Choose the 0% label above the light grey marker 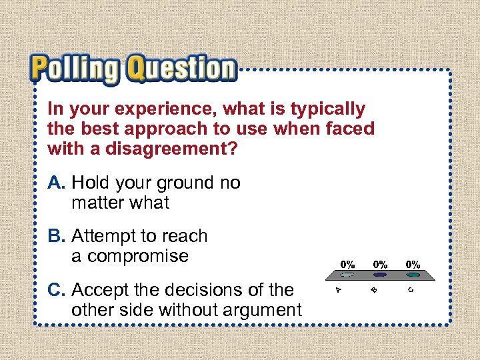pyautogui.click(x=347, y=265)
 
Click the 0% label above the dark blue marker pyautogui.click(x=380, y=265)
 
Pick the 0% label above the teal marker pyautogui.click(x=413, y=265)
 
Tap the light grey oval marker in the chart pyautogui.click(x=347, y=274)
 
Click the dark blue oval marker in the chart pyautogui.click(x=380, y=274)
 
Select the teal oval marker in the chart pyautogui.click(x=413, y=274)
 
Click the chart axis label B pyautogui.click(x=375, y=289)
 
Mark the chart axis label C pyautogui.click(x=411, y=289)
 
